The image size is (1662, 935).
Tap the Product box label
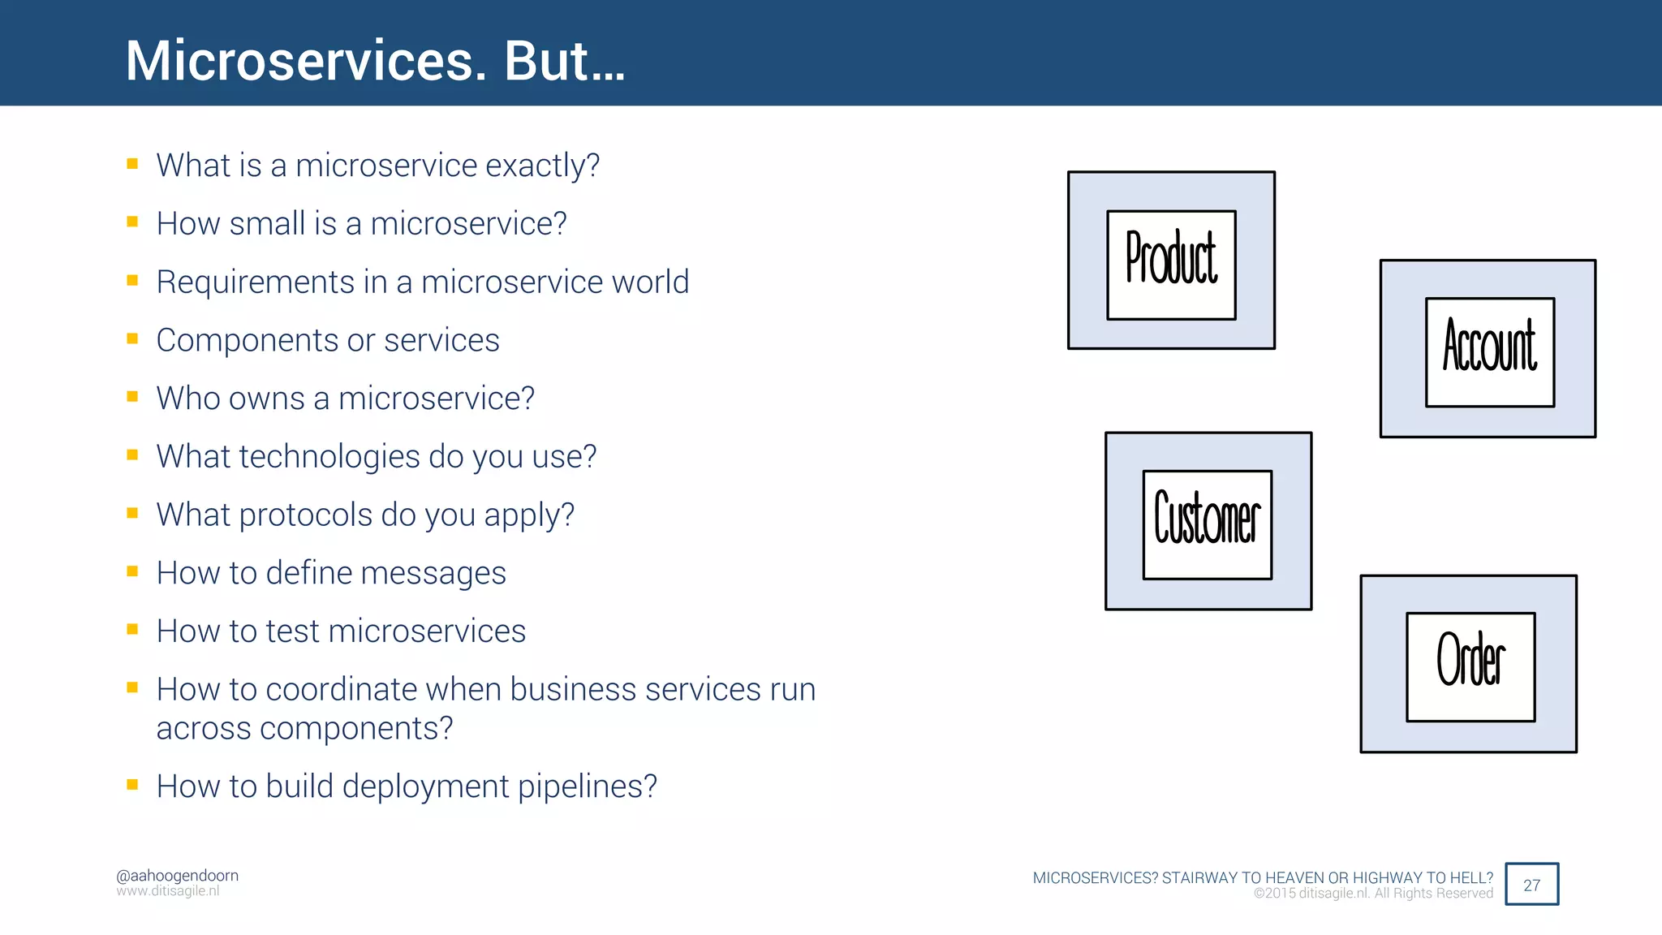coord(1171,259)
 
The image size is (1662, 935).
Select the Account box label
coord(1490,347)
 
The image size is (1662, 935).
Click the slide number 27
coord(1531,885)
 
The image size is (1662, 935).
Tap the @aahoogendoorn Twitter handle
coord(177,875)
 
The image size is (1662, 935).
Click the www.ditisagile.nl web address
coord(167,891)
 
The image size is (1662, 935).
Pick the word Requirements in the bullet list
coord(255,282)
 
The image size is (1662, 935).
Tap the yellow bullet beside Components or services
coord(132,338)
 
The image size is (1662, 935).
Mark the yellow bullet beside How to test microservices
coord(132,630)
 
